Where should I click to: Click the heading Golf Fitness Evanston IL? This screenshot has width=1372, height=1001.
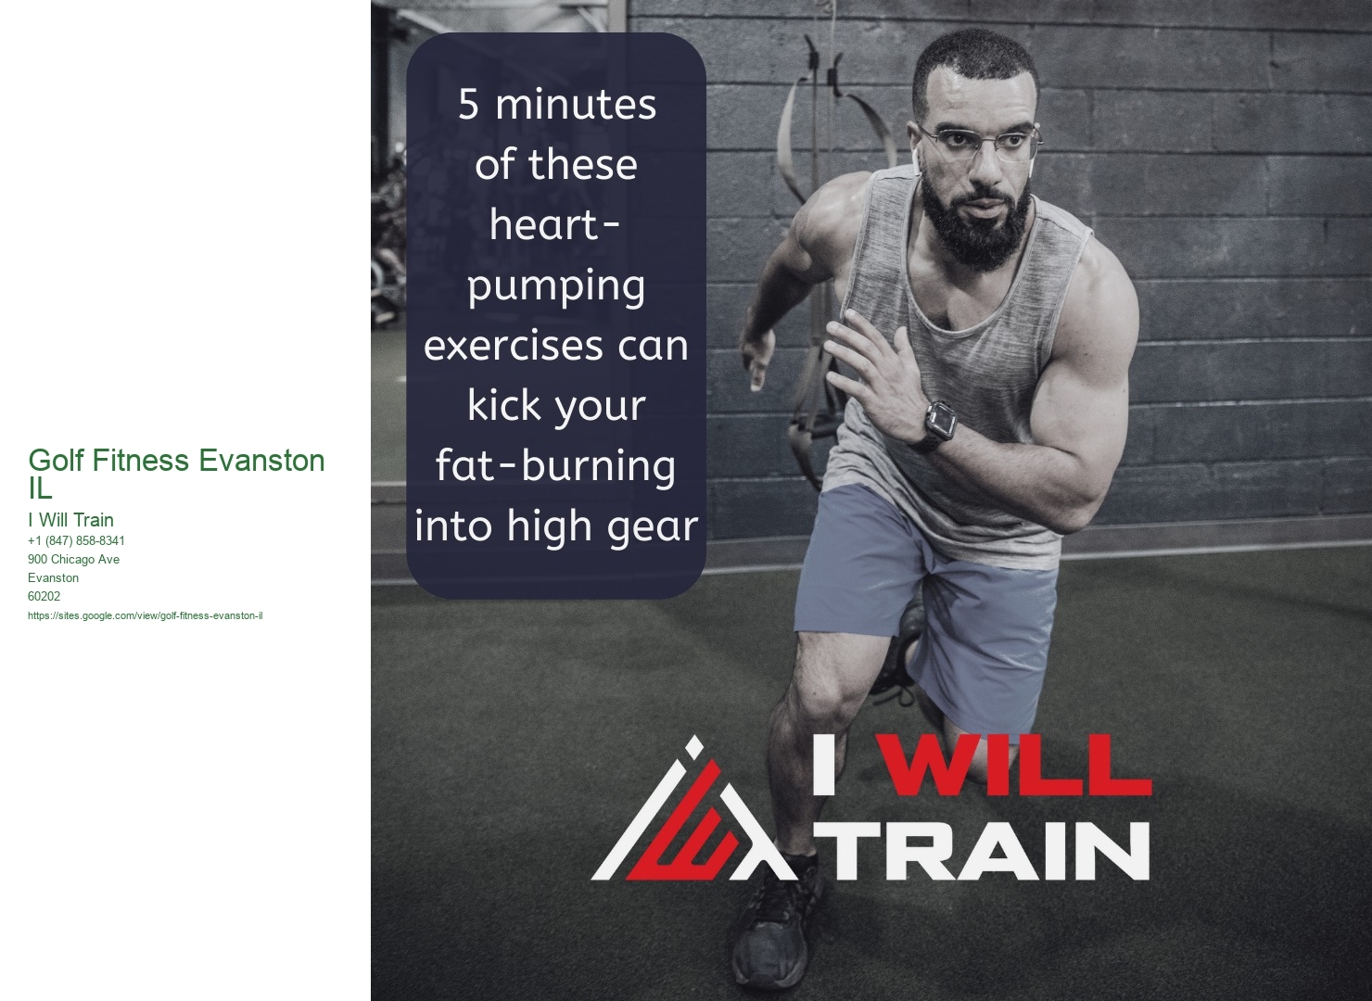pos(176,474)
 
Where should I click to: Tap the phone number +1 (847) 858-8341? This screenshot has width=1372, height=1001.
pos(77,540)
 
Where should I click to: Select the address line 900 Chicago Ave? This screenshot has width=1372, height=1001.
pos(74,559)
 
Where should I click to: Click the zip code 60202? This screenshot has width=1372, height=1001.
pos(44,596)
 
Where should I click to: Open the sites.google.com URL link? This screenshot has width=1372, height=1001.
pos(146,615)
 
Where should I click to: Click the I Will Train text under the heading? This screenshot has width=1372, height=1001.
pos(71,520)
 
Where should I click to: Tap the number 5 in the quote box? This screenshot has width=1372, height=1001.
pos(468,106)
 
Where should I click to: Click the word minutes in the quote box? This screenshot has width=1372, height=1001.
pos(576,106)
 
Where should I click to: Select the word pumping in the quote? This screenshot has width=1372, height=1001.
pos(556,288)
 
